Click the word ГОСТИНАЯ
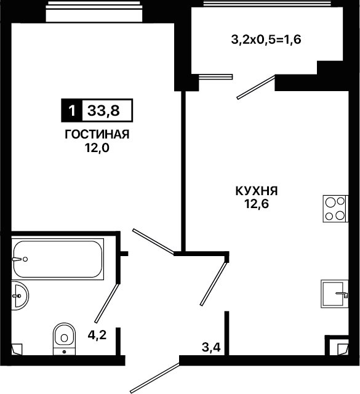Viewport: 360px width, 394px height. pyautogui.click(x=97, y=134)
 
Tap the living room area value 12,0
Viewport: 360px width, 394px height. pyautogui.click(x=97, y=148)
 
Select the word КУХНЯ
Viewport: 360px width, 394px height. pyautogui.click(x=257, y=191)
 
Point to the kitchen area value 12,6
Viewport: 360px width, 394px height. pyautogui.click(x=257, y=204)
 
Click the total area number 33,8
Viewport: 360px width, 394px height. pyautogui.click(x=103, y=111)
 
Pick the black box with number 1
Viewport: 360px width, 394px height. pyautogui.click(x=72, y=110)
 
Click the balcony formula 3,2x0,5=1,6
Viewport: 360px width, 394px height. pyautogui.click(x=266, y=40)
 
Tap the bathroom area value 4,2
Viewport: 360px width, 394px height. pyautogui.click(x=97, y=335)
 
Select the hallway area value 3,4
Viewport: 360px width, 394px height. pyautogui.click(x=211, y=348)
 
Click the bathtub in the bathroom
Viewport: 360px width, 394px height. pyautogui.click(x=57, y=259)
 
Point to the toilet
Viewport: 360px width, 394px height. pyautogui.click(x=65, y=339)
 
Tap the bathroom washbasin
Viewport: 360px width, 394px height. pyautogui.click(x=20, y=295)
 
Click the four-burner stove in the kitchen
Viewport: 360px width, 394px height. pyautogui.click(x=335, y=209)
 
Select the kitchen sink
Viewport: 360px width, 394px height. pyautogui.click(x=334, y=294)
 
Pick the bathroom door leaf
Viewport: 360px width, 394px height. pyautogui.click(x=106, y=304)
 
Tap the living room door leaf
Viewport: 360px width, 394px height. pyautogui.click(x=153, y=241)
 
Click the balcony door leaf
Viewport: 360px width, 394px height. pyautogui.click(x=256, y=87)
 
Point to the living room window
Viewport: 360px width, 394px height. pyautogui.click(x=94, y=12)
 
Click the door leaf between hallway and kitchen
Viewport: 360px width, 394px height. pyautogui.click(x=214, y=284)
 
